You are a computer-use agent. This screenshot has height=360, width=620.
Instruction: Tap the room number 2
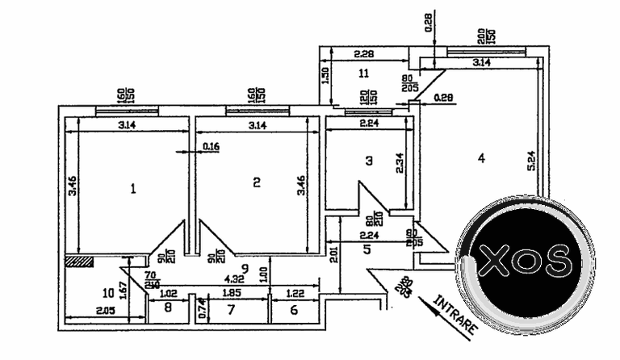[x=257, y=182]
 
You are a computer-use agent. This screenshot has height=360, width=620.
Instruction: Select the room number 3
[x=369, y=161]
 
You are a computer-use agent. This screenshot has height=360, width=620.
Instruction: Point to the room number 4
[x=481, y=159]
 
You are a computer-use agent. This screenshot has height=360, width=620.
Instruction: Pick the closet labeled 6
[x=293, y=310]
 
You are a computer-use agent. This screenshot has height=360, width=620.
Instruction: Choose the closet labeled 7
[x=231, y=310]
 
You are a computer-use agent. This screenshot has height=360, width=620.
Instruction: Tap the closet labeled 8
[x=168, y=308]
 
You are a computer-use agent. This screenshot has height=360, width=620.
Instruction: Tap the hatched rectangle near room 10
[x=79, y=261]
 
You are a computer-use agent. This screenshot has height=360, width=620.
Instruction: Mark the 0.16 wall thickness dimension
[x=212, y=147]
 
